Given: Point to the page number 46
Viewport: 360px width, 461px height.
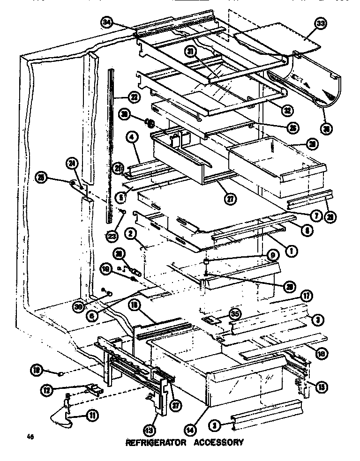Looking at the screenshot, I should coord(31,438).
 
